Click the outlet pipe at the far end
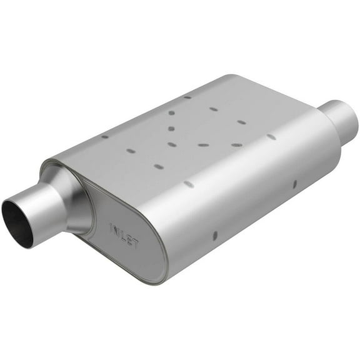(x=341, y=119)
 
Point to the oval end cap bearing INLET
(x=125, y=234)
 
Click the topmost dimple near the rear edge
(x=187, y=97)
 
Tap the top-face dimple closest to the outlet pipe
(x=271, y=136)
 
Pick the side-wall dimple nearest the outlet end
(x=294, y=186)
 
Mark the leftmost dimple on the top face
(x=104, y=136)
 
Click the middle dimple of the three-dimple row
(x=203, y=145)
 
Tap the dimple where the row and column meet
(x=172, y=144)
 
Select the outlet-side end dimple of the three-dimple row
(x=236, y=145)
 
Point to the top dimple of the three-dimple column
(x=171, y=113)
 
